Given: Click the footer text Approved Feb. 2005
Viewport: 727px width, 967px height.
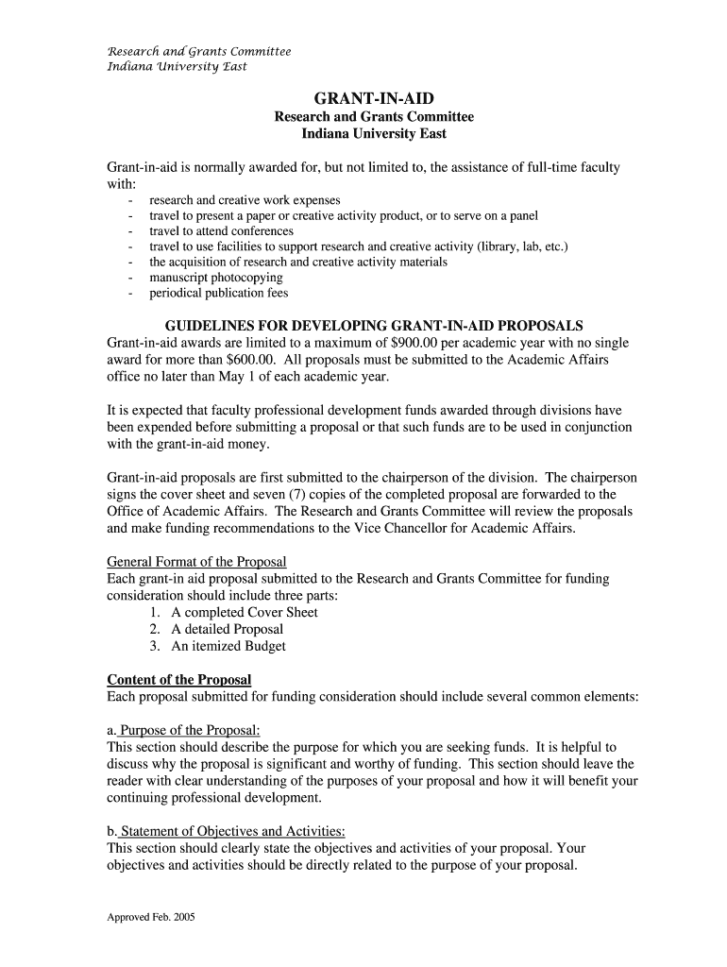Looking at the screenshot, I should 150,916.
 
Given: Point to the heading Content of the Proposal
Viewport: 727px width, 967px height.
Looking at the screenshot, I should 179,680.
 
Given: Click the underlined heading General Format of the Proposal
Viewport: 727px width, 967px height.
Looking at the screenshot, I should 196,561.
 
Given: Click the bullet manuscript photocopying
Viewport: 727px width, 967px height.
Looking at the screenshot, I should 215,278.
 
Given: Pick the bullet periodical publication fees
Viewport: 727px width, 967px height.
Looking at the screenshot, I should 218,293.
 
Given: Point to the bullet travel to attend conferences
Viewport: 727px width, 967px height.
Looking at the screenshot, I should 221,231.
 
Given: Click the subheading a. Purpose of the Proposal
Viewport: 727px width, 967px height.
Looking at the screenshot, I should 183,731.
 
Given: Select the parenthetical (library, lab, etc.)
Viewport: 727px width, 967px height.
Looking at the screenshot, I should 523,246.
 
